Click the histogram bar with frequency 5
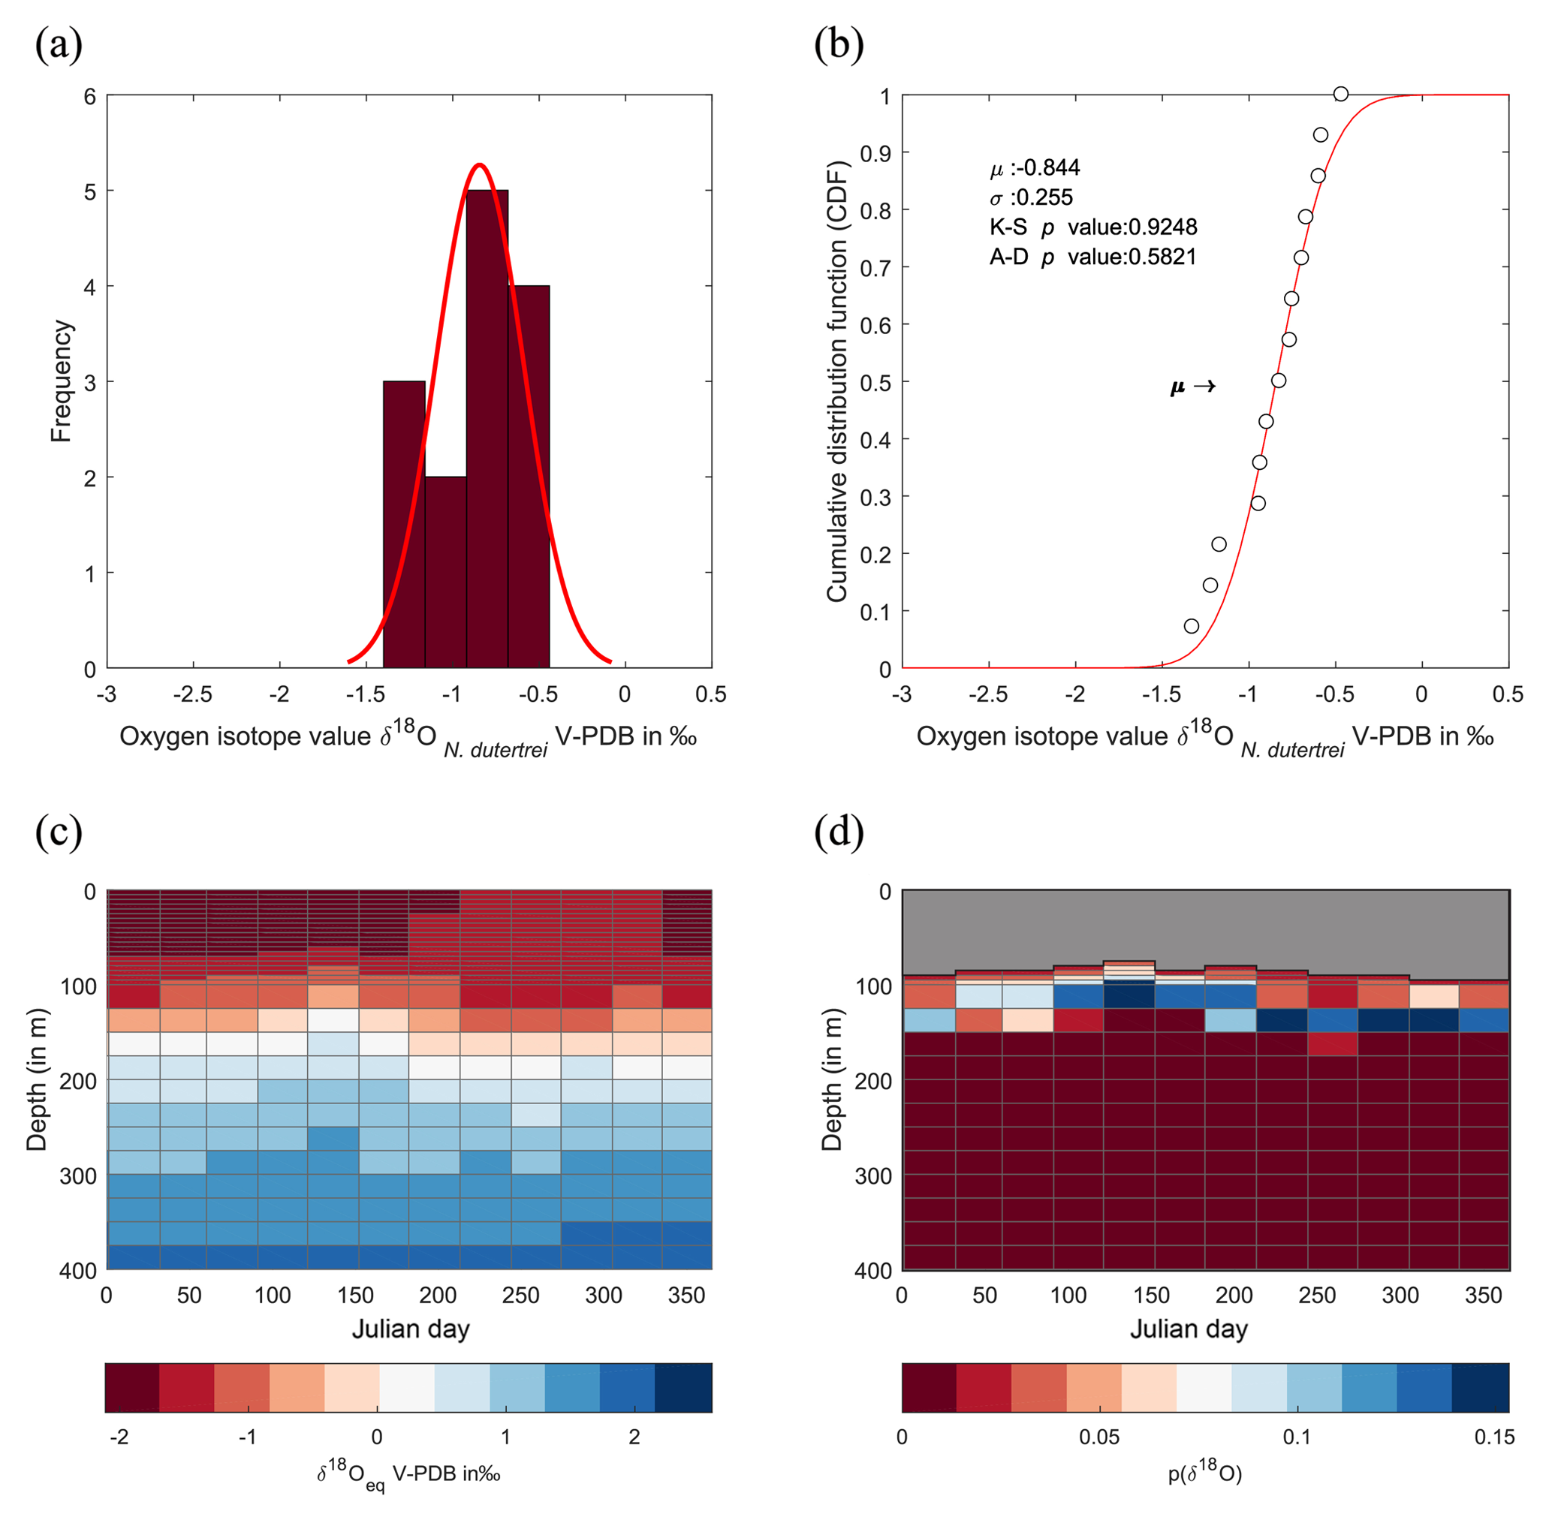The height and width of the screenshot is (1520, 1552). pyautogui.click(x=487, y=431)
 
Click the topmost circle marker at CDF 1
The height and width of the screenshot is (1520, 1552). pyautogui.click(x=1340, y=94)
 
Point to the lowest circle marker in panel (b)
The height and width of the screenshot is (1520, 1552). pyautogui.click(x=1191, y=626)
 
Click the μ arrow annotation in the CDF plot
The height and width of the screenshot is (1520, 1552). pyautogui.click(x=1193, y=387)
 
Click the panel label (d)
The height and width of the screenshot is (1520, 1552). pyautogui.click(x=838, y=832)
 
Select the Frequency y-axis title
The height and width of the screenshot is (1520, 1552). pyautogui.click(x=61, y=381)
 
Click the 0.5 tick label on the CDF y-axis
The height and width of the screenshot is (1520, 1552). pyautogui.click(x=874, y=382)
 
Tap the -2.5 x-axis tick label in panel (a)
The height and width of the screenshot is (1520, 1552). pyautogui.click(x=192, y=694)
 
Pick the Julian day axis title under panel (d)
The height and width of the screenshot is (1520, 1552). pyautogui.click(x=1188, y=1329)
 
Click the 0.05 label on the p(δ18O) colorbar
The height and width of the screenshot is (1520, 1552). pyautogui.click(x=1098, y=1437)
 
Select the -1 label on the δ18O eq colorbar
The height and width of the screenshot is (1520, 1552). pyautogui.click(x=248, y=1437)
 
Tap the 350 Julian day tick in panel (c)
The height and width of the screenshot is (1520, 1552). pyautogui.click(x=686, y=1295)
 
